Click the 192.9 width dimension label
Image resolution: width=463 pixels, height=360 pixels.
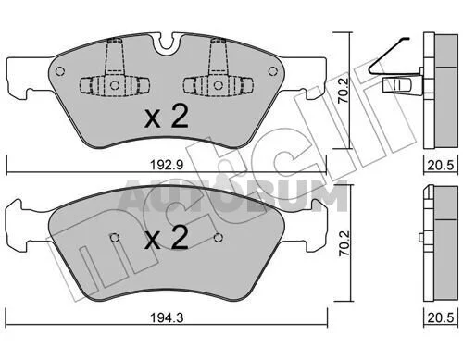(x=167, y=165)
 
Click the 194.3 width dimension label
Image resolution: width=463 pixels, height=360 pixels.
(x=167, y=317)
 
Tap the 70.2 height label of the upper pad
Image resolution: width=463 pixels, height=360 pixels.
(x=343, y=90)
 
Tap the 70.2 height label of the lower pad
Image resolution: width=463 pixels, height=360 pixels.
(x=344, y=243)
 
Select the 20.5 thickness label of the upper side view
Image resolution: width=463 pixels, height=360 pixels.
(x=441, y=166)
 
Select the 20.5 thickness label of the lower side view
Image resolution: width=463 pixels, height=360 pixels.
(x=441, y=317)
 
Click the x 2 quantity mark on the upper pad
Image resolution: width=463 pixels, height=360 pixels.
(x=167, y=117)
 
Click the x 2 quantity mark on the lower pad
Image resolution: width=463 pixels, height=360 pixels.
(x=167, y=237)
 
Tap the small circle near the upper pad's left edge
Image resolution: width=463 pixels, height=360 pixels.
(x=60, y=71)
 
